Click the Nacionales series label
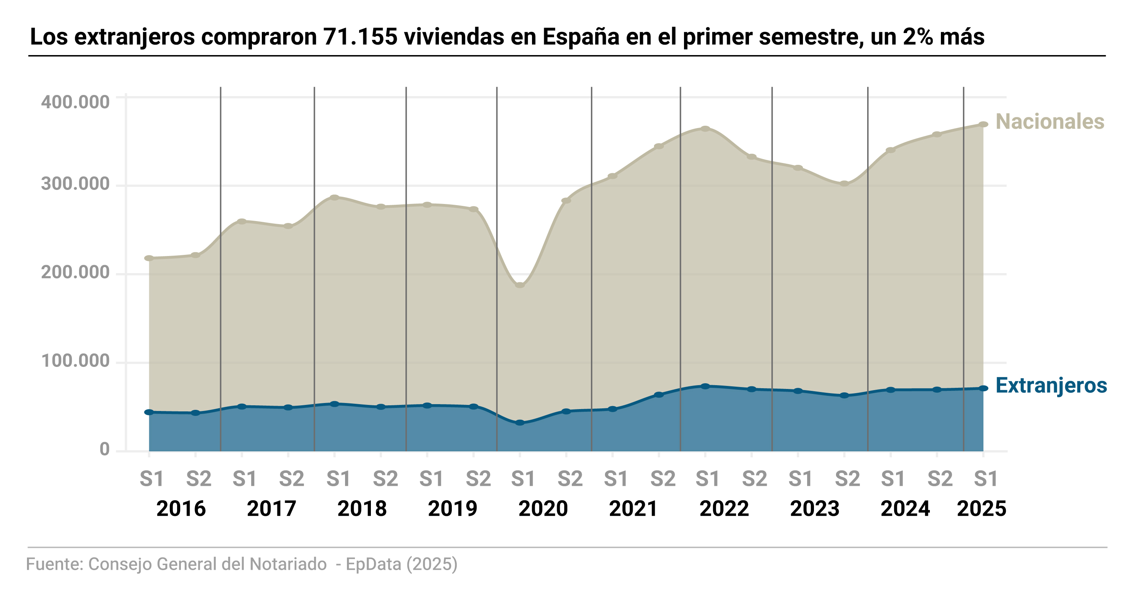pyautogui.click(x=1049, y=122)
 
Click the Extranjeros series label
pyautogui.click(x=1051, y=386)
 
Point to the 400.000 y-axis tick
pyautogui.click(x=75, y=102)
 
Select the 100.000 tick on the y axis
pyautogui.click(x=75, y=361)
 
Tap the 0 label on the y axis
pyautogui.click(x=104, y=449)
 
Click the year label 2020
pyautogui.click(x=543, y=509)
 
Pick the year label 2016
pyautogui.click(x=181, y=509)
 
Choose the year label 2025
pyautogui.click(x=981, y=509)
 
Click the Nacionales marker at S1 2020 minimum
pyautogui.click(x=520, y=285)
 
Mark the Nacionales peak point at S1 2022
pyautogui.click(x=705, y=129)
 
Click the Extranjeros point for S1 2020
pyautogui.click(x=520, y=423)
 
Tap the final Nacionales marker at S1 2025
pyautogui.click(x=983, y=124)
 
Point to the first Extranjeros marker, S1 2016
pyautogui.click(x=149, y=412)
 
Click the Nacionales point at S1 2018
pyautogui.click(x=334, y=197)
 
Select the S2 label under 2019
pyautogui.click(x=478, y=479)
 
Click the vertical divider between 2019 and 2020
pyautogui.click(x=497, y=266)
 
